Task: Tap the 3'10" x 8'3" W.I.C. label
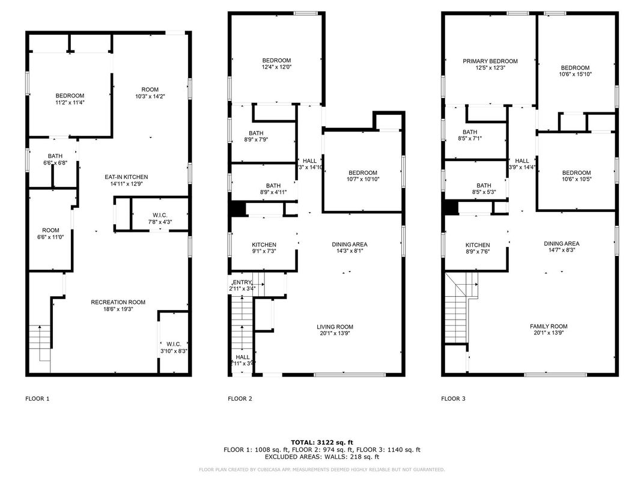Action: click(174, 347)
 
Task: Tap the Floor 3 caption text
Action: click(453, 398)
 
